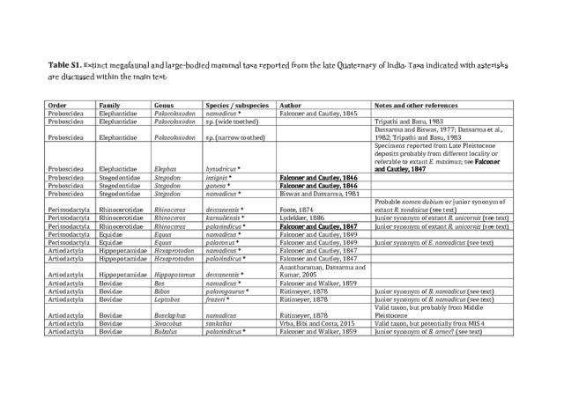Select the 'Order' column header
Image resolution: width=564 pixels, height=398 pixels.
pos(57,105)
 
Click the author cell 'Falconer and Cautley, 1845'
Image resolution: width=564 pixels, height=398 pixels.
pos(317,114)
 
